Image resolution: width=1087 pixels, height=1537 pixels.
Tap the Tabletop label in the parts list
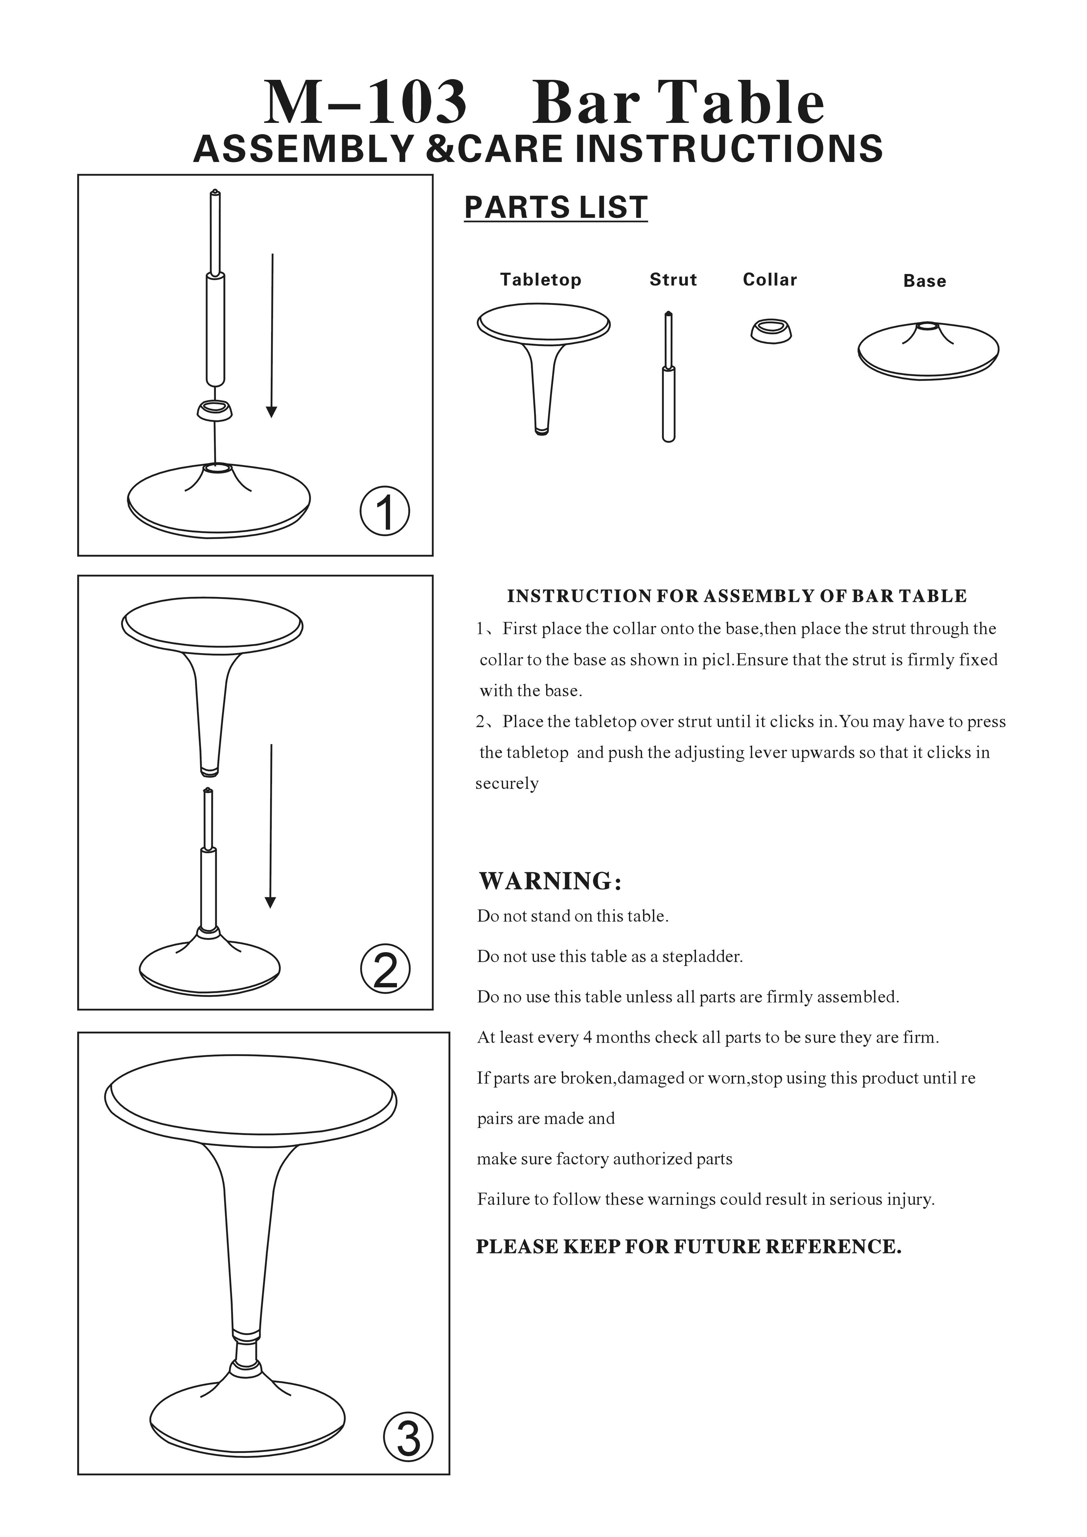[x=541, y=280]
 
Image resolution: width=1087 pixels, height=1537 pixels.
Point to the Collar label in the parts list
[x=770, y=280]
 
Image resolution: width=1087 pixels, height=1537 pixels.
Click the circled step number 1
[x=385, y=511]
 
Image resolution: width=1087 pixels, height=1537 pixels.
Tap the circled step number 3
[x=408, y=1436]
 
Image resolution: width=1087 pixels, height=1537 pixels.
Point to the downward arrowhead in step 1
[x=271, y=412]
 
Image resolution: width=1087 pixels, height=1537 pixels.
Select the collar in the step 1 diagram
[x=215, y=410]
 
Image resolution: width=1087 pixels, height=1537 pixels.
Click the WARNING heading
[x=550, y=881]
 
